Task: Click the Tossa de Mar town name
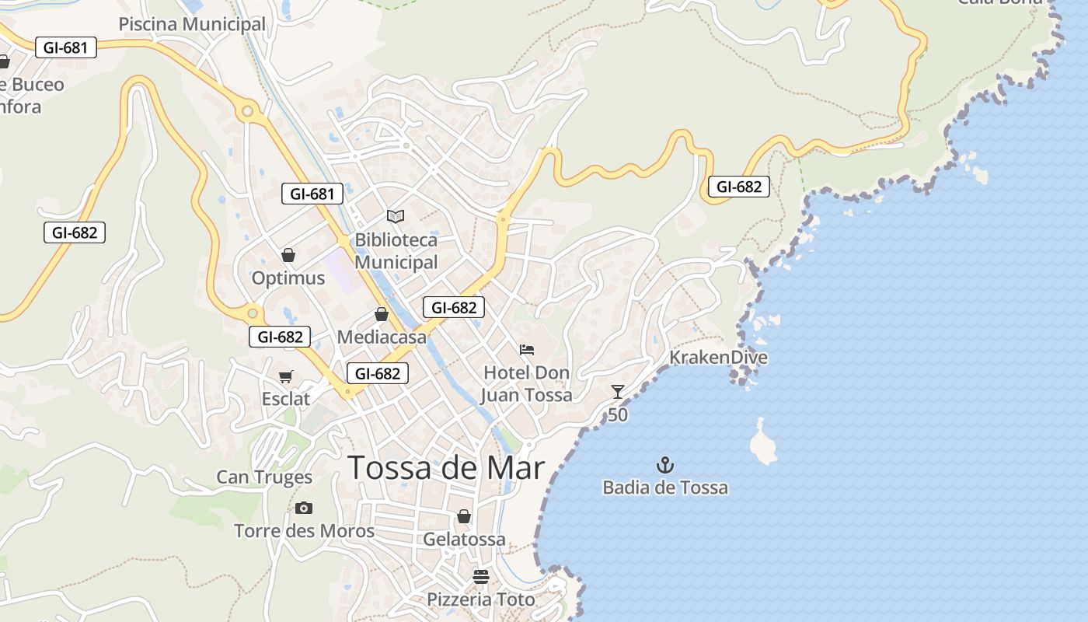[x=446, y=468]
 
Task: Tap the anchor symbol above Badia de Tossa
[x=665, y=466]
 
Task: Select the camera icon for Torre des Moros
[x=304, y=508]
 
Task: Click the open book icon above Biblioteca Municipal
[x=396, y=216]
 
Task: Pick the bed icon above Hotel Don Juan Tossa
[x=527, y=350]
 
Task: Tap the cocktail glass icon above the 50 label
[x=618, y=392]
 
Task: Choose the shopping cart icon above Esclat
[x=286, y=377]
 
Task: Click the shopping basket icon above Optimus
[x=288, y=255]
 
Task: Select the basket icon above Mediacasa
[x=382, y=314]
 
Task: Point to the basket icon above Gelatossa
[x=464, y=516]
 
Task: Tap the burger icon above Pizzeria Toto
[x=481, y=577]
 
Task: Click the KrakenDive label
[x=718, y=358]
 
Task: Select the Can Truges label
[x=264, y=477]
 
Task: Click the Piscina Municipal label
[x=192, y=24]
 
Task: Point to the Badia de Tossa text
[x=665, y=488]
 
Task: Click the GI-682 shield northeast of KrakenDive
[x=738, y=187]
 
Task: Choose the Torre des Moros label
[x=304, y=532]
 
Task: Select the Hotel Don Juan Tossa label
[x=527, y=384]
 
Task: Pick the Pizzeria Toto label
[x=481, y=600]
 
